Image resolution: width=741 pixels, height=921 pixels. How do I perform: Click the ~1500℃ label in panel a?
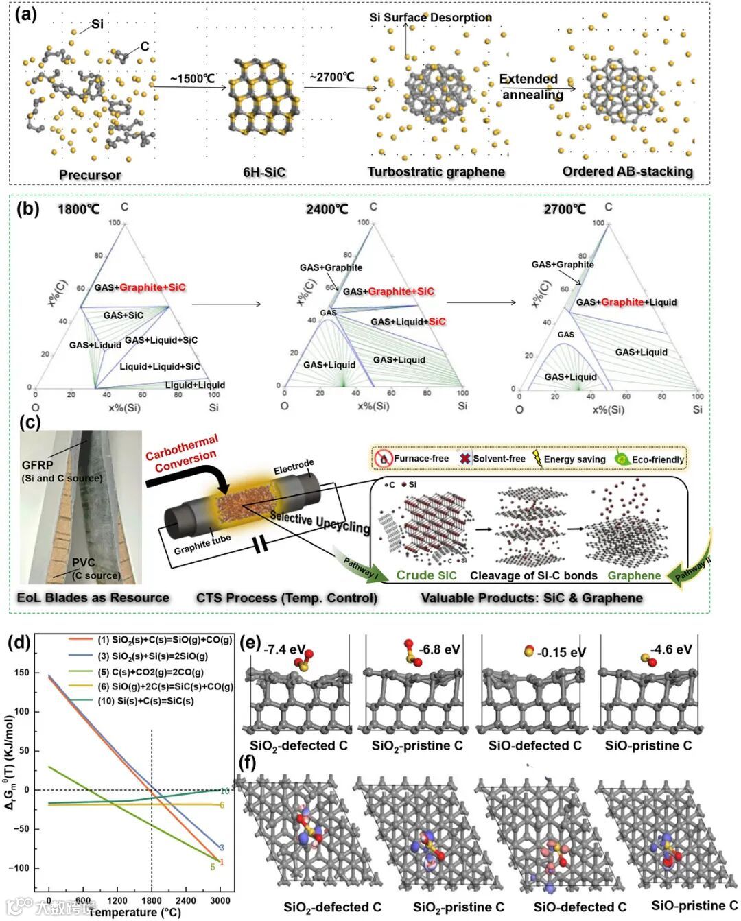pyautogui.click(x=193, y=78)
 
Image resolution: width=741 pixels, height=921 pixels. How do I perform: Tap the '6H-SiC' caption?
pyautogui.click(x=263, y=172)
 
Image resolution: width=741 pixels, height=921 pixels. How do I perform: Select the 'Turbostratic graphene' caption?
pyautogui.click(x=436, y=172)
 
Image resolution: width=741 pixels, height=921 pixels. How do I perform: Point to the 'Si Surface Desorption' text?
pyautogui.click(x=430, y=17)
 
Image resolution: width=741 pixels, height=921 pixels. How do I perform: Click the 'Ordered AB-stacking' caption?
pyautogui.click(x=627, y=171)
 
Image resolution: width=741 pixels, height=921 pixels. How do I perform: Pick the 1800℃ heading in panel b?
pyautogui.click(x=78, y=208)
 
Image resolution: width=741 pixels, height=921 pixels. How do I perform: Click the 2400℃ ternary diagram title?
pyautogui.click(x=327, y=208)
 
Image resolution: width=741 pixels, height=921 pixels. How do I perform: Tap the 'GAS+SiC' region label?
pyautogui.click(x=123, y=315)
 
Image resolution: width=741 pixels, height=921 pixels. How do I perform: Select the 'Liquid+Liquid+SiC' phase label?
pyautogui.click(x=160, y=366)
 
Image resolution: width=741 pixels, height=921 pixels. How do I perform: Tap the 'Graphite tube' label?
pyautogui.click(x=202, y=545)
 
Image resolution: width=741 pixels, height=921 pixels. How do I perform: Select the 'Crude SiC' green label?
pyautogui.click(x=426, y=575)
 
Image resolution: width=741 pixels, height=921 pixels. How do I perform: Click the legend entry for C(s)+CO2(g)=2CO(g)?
pyautogui.click(x=150, y=672)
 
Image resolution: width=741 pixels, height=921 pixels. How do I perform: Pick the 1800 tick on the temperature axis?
pyautogui.click(x=152, y=900)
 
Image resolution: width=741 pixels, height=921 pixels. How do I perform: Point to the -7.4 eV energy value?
pyautogui.click(x=284, y=649)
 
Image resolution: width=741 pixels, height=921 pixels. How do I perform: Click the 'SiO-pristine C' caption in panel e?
pyautogui.click(x=648, y=745)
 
